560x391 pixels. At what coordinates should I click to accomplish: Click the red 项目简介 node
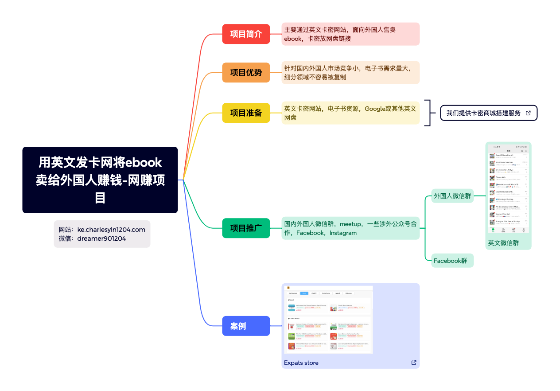(246, 34)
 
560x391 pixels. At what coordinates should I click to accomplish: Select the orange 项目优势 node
(246, 73)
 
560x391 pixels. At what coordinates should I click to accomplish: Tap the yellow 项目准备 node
(246, 113)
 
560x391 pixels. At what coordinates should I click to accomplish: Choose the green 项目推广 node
(246, 228)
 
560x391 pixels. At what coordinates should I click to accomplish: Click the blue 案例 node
(246, 326)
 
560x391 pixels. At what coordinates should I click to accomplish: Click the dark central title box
(100, 180)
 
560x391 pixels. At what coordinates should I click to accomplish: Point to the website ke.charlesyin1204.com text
(111, 230)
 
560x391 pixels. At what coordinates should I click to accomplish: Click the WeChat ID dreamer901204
(101, 239)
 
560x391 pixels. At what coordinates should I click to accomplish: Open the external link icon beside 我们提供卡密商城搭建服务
(528, 113)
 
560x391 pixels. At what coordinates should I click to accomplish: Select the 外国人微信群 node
(452, 195)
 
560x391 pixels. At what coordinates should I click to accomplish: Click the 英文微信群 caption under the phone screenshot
(503, 243)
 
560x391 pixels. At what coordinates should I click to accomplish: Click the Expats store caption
(301, 363)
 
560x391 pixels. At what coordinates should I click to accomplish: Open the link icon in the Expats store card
(414, 363)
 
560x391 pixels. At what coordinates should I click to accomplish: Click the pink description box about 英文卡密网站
(350, 34)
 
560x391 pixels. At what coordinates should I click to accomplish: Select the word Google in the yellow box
(375, 109)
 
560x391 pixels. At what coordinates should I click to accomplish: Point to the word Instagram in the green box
(343, 233)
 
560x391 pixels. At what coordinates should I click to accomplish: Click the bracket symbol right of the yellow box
(428, 113)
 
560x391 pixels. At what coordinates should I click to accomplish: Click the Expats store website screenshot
(328, 320)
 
